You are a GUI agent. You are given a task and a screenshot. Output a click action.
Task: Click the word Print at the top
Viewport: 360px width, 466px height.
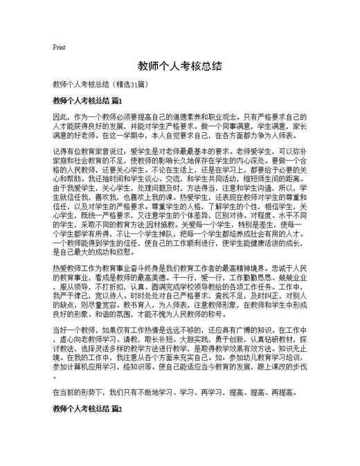(59, 47)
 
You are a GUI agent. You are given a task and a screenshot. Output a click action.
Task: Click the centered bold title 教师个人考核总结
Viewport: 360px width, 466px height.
(179, 66)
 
